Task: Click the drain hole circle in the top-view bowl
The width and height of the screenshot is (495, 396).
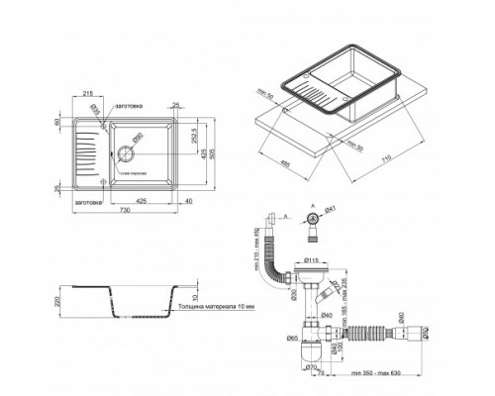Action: click(127, 154)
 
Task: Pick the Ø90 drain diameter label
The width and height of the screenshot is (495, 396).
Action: click(139, 136)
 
